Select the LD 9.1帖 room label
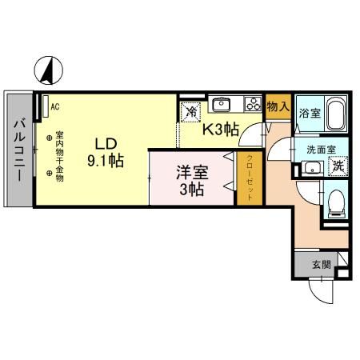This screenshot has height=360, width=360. [106, 152]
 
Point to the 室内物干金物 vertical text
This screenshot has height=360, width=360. [59, 148]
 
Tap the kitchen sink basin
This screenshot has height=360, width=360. [222, 105]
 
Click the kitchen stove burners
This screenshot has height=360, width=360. [252, 104]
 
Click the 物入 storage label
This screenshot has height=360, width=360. [277, 106]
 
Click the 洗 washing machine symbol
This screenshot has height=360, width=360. [338, 167]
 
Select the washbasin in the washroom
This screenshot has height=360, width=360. [311, 168]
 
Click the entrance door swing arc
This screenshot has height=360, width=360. [319, 294]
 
